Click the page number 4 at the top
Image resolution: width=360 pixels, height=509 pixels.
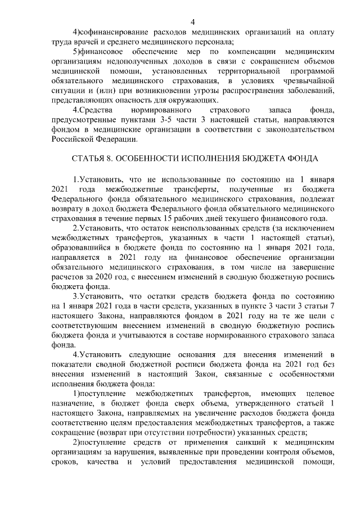point(192,22)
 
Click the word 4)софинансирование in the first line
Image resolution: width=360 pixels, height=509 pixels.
point(112,32)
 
